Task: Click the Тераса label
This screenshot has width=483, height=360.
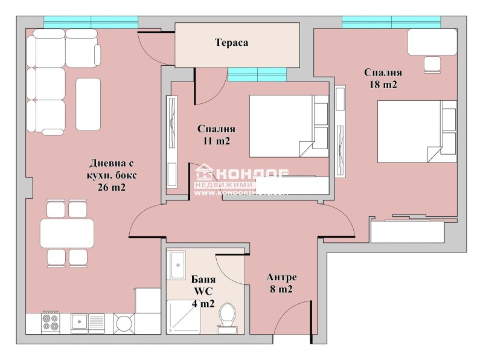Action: (x=232, y=43)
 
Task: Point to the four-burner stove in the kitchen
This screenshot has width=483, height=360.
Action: (x=49, y=323)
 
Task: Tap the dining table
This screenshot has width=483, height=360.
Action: (x=66, y=233)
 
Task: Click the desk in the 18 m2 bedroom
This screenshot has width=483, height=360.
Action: (x=432, y=42)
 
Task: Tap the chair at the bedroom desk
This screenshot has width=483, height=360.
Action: (x=433, y=63)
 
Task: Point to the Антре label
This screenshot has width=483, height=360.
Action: (x=281, y=277)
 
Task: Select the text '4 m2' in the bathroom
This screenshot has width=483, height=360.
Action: (x=203, y=304)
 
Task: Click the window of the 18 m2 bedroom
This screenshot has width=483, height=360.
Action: (x=390, y=22)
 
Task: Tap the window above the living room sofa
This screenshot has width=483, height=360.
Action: (x=91, y=22)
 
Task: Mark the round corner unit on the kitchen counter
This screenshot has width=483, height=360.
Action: (x=124, y=323)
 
